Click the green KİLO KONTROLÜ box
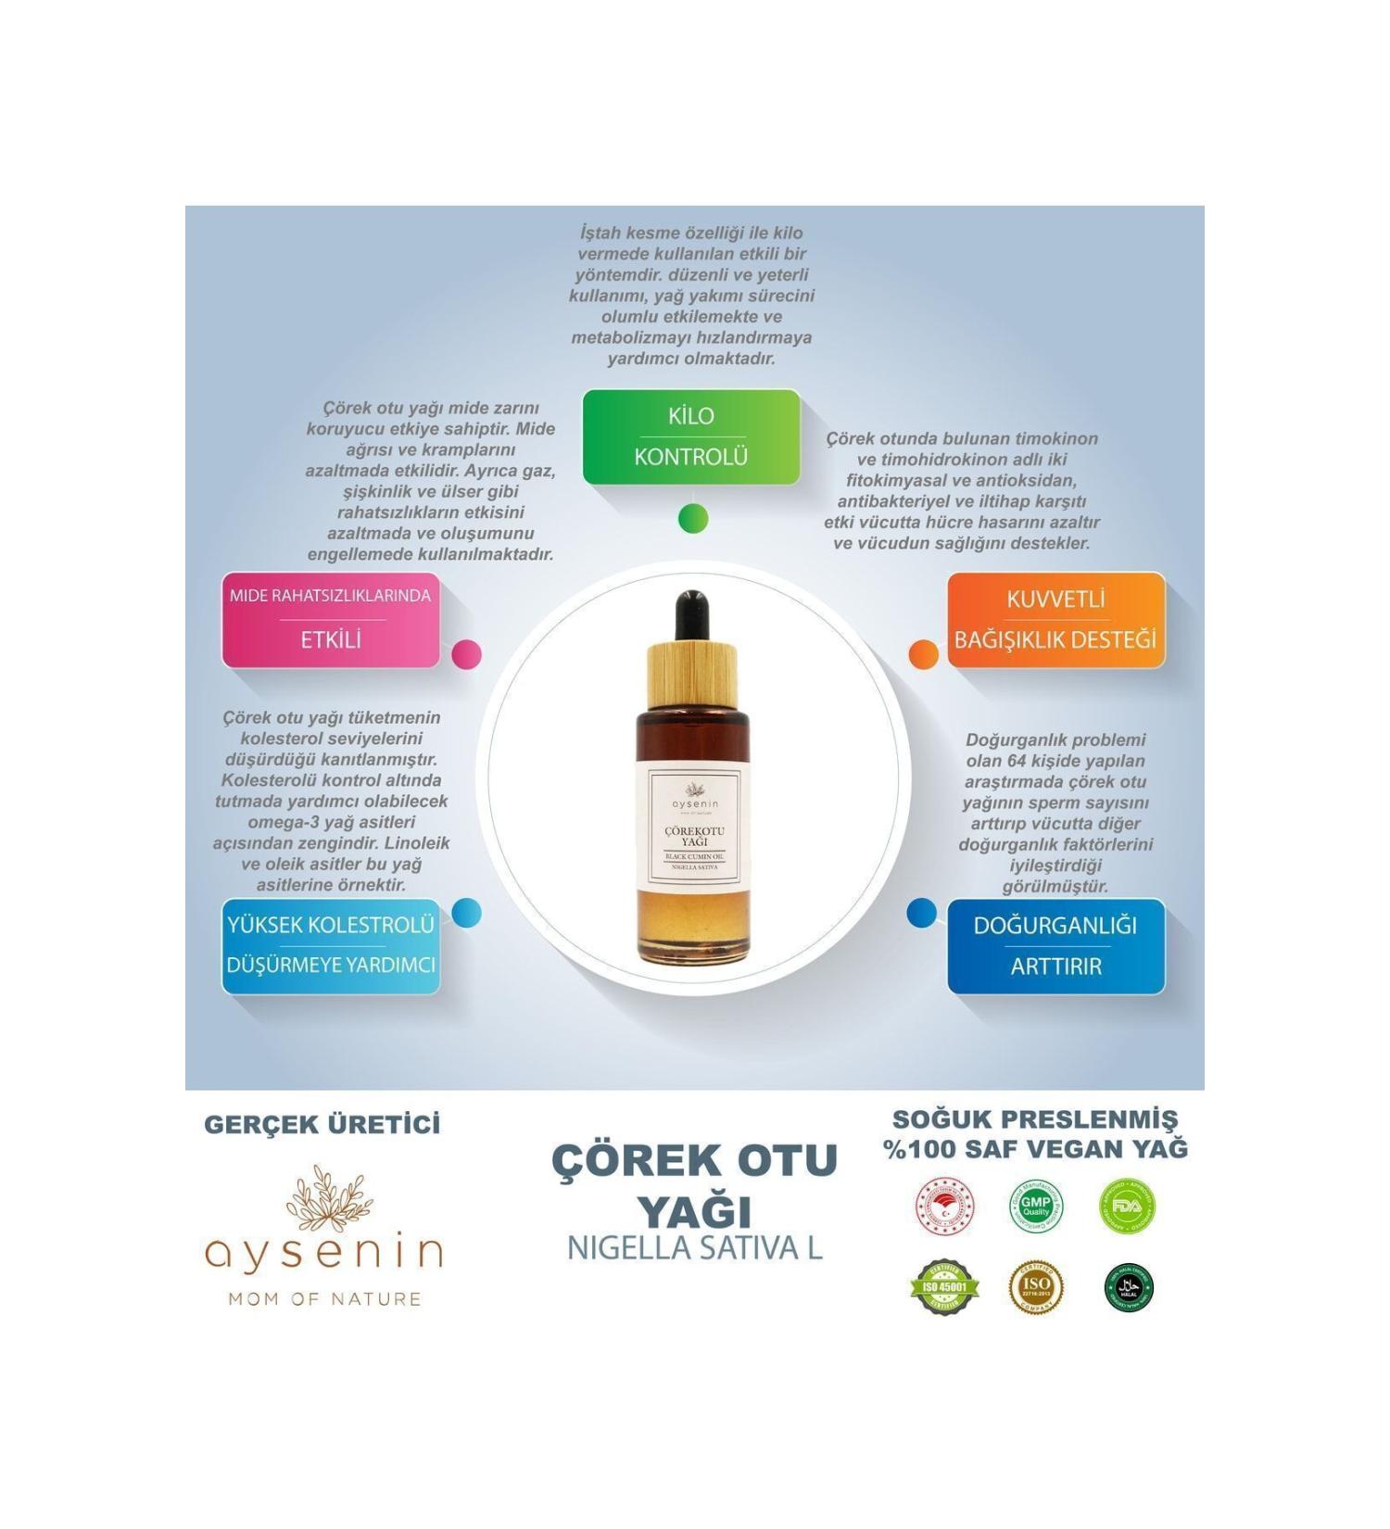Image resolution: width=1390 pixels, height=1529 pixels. (x=690, y=436)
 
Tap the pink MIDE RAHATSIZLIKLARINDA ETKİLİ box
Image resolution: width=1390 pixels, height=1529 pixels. (x=331, y=619)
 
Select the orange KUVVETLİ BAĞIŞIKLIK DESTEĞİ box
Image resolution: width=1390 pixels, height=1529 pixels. (x=1055, y=619)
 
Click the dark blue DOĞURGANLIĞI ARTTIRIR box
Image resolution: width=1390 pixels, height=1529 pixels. (x=1055, y=945)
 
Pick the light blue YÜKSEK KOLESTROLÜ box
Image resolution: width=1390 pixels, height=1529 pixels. (x=331, y=945)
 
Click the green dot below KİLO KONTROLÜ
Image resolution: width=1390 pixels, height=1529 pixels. (x=693, y=518)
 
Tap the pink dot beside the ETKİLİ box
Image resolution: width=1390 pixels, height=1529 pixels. (x=466, y=654)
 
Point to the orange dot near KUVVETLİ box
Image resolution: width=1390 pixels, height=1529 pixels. (x=923, y=654)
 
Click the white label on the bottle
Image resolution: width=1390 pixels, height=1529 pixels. (x=693, y=820)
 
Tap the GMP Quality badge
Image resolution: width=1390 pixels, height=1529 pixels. (x=1035, y=1207)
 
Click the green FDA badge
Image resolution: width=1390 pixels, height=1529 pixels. (x=1127, y=1207)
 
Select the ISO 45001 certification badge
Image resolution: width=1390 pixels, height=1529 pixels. (x=944, y=1286)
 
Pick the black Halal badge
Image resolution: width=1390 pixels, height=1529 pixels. (x=1128, y=1287)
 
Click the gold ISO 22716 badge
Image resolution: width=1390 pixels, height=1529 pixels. (x=1035, y=1287)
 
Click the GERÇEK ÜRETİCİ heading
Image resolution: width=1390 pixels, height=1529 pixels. (x=322, y=1124)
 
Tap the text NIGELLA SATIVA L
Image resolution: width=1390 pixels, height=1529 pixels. (x=694, y=1247)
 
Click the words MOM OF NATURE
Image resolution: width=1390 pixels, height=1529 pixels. (x=324, y=1298)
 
